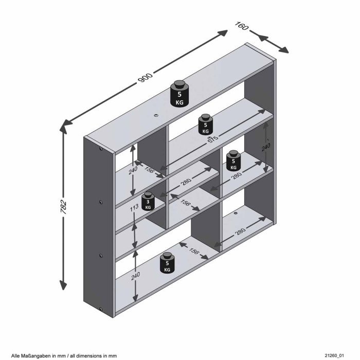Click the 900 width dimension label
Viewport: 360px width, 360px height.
145,78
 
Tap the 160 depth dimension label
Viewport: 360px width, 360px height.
242,26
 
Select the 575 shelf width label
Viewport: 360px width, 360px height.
213,139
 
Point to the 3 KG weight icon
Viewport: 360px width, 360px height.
148,201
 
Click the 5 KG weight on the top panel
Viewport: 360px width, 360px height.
179,93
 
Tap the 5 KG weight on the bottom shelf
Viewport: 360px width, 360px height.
167,263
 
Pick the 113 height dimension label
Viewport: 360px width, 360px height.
134,208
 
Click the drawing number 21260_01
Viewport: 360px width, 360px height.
334,356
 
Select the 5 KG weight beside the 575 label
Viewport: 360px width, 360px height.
206,124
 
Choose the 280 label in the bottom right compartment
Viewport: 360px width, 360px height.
240,231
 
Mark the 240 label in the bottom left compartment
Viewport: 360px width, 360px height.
135,276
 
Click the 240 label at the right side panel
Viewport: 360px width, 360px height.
266,147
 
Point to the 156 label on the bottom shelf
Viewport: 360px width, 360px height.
193,251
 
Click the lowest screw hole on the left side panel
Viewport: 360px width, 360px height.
101,309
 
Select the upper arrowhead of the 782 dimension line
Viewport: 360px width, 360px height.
64,128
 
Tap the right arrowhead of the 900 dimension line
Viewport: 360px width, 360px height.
222,33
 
